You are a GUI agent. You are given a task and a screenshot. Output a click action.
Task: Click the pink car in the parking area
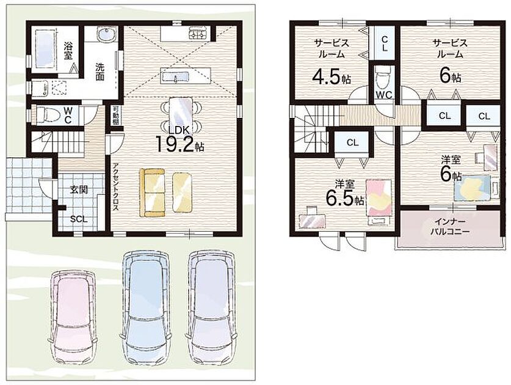(73, 318)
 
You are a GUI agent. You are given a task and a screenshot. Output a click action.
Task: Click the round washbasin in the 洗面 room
(107, 34)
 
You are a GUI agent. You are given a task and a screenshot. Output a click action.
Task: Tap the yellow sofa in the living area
(152, 193)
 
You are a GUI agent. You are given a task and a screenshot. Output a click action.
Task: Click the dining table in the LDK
(181, 112)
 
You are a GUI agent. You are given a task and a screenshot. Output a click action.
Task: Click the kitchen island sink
(175, 77)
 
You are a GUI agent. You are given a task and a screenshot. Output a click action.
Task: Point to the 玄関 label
(79, 189)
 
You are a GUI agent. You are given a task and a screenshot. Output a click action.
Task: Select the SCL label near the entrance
(79, 219)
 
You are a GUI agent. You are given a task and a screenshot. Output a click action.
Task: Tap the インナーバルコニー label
(450, 227)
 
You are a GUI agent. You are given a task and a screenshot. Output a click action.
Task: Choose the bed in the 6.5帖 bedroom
(379, 202)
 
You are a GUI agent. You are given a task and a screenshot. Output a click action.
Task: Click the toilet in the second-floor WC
(384, 79)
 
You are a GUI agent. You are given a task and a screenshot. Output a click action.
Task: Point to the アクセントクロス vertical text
(115, 188)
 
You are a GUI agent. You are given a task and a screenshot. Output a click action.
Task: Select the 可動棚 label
(115, 115)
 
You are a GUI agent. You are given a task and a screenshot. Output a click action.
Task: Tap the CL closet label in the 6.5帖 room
(353, 142)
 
